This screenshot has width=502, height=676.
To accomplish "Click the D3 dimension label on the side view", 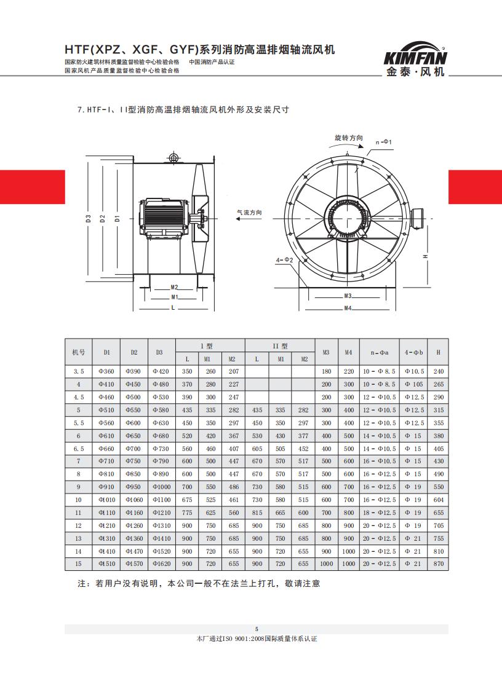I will (x=89, y=218).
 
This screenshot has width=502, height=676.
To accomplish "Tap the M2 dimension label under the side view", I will (x=174, y=287).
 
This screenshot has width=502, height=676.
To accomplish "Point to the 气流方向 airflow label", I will (x=249, y=212).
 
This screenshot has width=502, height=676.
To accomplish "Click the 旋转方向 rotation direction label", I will (x=348, y=138).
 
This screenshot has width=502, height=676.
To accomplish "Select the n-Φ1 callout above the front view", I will (x=384, y=142).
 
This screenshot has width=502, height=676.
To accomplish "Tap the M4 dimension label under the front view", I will (x=348, y=307).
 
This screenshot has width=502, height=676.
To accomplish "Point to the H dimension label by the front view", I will (x=426, y=256).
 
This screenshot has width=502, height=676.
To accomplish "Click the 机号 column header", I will (x=78, y=352).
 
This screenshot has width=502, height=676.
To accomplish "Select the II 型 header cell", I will (x=280, y=346).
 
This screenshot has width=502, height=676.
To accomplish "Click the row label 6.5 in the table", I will (x=78, y=449).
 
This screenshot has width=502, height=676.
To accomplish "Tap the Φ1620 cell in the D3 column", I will (x=159, y=564).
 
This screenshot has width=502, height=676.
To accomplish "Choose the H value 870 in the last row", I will (x=438, y=564).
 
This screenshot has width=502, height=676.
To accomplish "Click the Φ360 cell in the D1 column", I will (x=106, y=372).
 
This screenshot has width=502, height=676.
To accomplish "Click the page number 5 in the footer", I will (x=257, y=629).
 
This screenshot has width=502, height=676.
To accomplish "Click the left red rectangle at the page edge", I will (x=32, y=187).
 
